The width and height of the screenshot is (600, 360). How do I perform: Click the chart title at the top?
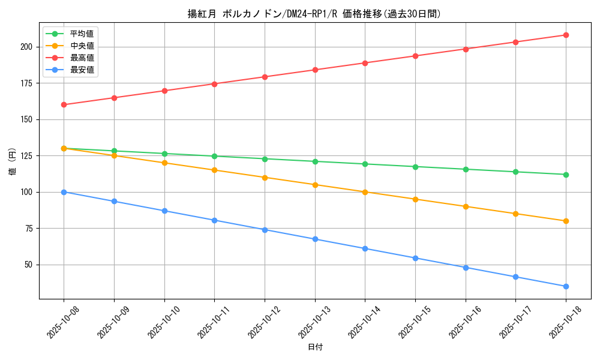coord(314,14)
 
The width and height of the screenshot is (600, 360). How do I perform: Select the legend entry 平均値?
coord(82,34)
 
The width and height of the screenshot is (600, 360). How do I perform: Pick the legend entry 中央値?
coord(82,46)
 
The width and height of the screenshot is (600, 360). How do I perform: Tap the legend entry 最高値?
coord(82,58)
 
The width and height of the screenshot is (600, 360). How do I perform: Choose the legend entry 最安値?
coord(82,70)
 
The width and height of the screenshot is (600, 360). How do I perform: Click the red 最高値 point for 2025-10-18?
coord(566,35)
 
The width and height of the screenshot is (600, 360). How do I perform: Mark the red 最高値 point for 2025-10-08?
coord(64,104)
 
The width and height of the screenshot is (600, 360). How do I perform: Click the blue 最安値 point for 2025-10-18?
coord(566,286)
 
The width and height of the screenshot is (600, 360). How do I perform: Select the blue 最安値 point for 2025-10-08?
coord(64,192)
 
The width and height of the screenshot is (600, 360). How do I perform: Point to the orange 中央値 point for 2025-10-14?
coord(365,192)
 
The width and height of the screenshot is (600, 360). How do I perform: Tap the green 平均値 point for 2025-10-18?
coord(566,175)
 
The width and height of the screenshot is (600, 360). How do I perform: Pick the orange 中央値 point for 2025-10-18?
coord(566,221)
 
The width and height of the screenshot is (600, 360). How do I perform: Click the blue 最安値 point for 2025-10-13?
coord(315,239)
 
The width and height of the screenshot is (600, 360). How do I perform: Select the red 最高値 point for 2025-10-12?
coord(265,77)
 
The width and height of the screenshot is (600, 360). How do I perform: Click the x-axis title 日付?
coord(315,347)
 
